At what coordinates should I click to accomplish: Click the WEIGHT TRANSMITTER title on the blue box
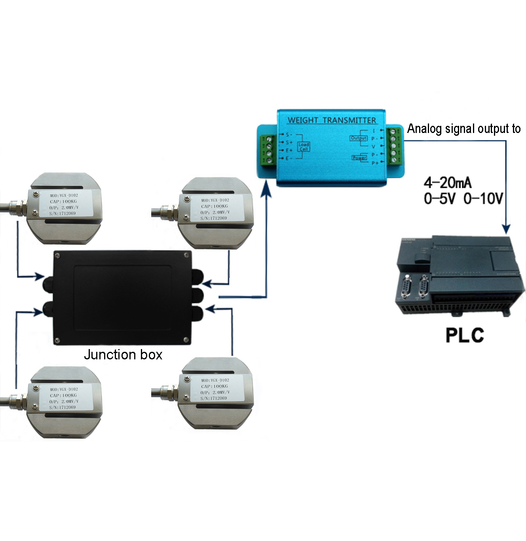[332, 120]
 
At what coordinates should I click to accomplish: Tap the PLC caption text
[465, 335]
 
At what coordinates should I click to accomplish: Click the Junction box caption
[123, 354]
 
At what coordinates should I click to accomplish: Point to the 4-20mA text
[448, 182]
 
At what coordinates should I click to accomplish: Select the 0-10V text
[483, 198]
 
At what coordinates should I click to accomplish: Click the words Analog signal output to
[464, 129]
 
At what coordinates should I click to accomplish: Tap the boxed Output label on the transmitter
[359, 138]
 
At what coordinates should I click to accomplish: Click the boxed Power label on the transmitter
[359, 158]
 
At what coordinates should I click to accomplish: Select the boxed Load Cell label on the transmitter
[304, 146]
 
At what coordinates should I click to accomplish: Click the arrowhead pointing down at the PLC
[506, 229]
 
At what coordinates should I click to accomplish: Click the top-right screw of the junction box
[186, 255]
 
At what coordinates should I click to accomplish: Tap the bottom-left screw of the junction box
[58, 340]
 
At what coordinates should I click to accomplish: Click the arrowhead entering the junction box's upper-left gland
[39, 276]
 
